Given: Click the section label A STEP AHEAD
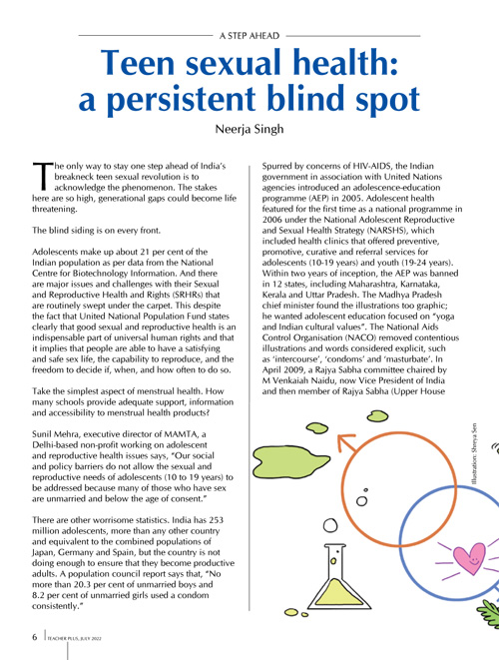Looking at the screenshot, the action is (x=249, y=36).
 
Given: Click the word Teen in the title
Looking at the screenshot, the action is (x=138, y=62).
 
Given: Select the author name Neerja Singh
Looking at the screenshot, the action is (x=249, y=129).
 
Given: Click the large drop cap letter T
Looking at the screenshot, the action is (x=43, y=176).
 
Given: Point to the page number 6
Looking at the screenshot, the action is (x=35, y=637).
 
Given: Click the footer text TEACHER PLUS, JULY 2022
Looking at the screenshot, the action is (x=75, y=639).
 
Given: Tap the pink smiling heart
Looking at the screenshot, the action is (x=469, y=558).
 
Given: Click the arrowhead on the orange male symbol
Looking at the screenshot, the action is (x=346, y=442).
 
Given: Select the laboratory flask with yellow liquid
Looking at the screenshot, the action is (x=338, y=577).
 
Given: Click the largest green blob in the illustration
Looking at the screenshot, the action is (x=279, y=460).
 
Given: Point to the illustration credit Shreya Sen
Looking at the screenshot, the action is (x=475, y=453).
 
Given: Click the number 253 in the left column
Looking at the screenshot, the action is (x=216, y=520).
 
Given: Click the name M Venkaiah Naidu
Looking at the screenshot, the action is (x=294, y=380).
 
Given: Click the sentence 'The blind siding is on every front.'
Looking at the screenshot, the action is (x=97, y=231).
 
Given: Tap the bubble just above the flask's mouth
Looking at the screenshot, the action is (x=330, y=525).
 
